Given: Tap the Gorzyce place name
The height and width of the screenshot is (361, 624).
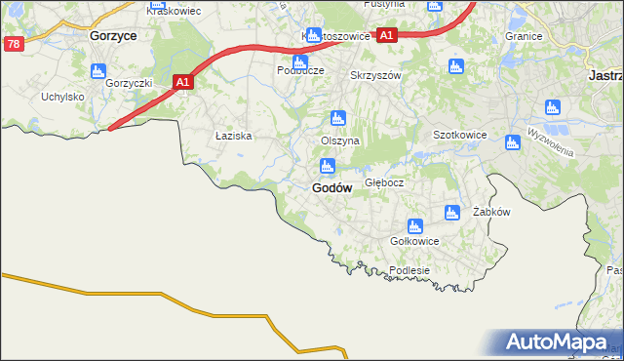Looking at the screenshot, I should (x=111, y=34).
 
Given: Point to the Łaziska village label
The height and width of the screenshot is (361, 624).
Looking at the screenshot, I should (x=234, y=137).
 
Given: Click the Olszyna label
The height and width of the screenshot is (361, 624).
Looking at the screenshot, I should (x=340, y=140).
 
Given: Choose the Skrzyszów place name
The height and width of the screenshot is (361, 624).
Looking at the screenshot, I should (x=374, y=75).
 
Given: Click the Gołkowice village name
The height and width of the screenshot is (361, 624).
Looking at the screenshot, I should (x=413, y=241).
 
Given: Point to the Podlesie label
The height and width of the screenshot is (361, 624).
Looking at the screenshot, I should (x=409, y=270).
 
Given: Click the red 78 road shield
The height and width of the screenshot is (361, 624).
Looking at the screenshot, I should (x=13, y=44).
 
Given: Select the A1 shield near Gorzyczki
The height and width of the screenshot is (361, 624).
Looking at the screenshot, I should (x=182, y=84).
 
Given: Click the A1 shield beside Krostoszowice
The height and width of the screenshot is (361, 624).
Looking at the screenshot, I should (x=387, y=35).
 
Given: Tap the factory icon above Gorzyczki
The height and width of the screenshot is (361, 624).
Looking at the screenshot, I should (x=97, y=71).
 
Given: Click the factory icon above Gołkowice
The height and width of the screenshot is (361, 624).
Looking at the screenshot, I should (x=414, y=226).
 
